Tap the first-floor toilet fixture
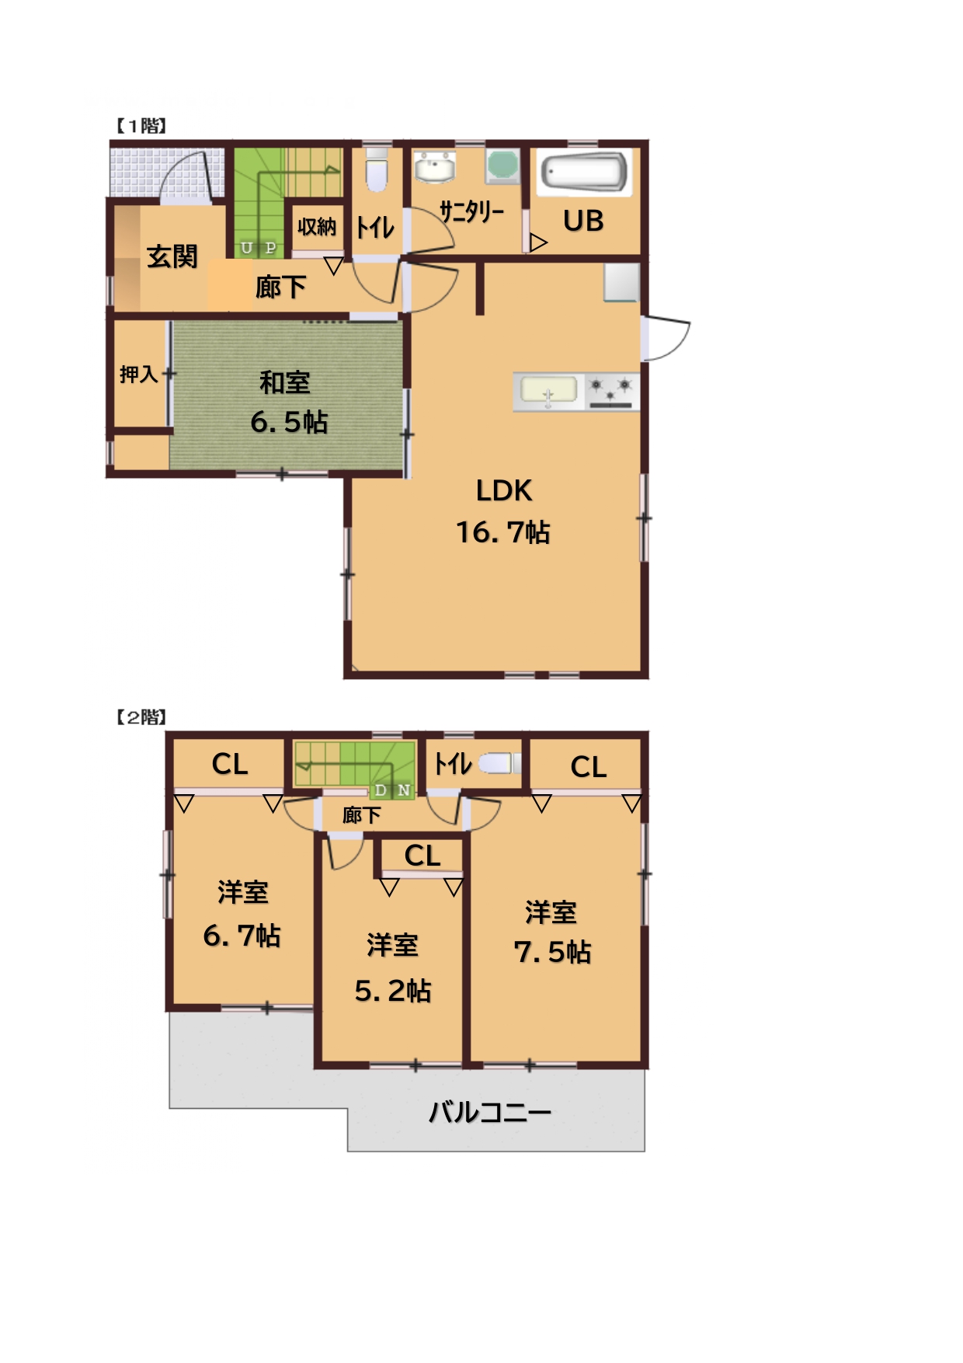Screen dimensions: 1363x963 coord(377,170)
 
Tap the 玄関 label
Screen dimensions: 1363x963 coord(172,256)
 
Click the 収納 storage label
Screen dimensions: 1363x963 coord(316,227)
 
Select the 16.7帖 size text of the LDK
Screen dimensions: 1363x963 coord(502,532)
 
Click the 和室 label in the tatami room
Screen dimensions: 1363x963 coord(284,382)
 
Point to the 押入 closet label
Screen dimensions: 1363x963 coord(138,375)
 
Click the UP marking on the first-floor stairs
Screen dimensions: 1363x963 coord(259,248)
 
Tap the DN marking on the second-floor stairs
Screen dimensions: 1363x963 coord(392,790)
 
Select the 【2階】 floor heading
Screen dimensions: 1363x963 coord(141,716)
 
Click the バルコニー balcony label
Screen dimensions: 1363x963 coord(490,1113)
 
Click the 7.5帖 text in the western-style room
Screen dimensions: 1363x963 coord(552,952)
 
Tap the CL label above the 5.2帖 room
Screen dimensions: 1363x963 coord(422,856)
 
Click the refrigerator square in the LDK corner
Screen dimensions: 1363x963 coord(621,281)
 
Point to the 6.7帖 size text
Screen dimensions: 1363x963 coord(242,935)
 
